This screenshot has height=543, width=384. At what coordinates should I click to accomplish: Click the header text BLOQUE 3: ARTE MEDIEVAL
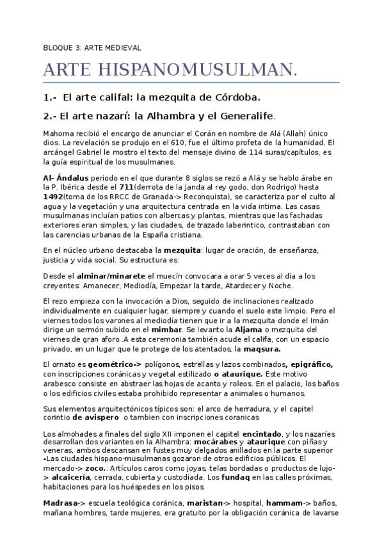point(92,47)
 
